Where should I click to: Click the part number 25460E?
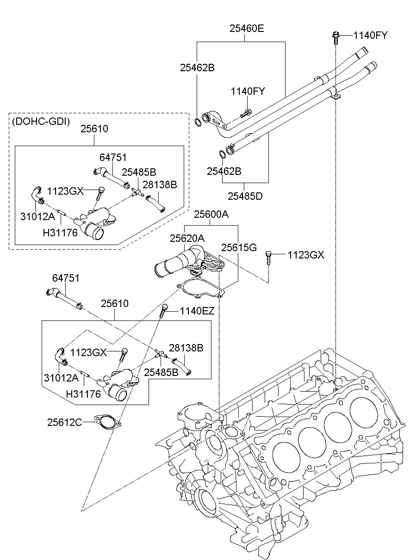pyautogui.click(x=247, y=29)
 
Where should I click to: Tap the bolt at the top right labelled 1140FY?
pyautogui.click(x=335, y=38)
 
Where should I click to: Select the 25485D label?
pyautogui.click(x=245, y=197)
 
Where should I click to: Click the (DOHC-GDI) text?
pyautogui.click(x=41, y=121)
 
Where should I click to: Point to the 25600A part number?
pyautogui.click(x=211, y=214)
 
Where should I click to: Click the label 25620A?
pyautogui.click(x=187, y=239)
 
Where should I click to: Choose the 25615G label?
pyautogui.click(x=239, y=247)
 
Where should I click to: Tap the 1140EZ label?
pyautogui.click(x=197, y=311)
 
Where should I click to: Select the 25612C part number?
pyautogui.click(x=64, y=423)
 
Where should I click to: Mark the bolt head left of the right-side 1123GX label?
pyautogui.click(x=267, y=253)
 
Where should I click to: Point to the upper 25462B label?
pyautogui.click(x=198, y=68)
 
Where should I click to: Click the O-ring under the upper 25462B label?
pyautogui.click(x=198, y=122)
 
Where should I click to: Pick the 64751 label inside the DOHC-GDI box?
pyautogui.click(x=113, y=158)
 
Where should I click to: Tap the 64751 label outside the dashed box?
pyautogui.click(x=66, y=278)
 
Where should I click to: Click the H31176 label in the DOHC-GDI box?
pyautogui.click(x=60, y=233)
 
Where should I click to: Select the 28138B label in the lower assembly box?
pyautogui.click(x=186, y=348)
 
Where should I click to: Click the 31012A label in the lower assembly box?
pyautogui.click(x=61, y=378)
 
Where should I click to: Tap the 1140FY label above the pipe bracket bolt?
pyautogui.click(x=248, y=92)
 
